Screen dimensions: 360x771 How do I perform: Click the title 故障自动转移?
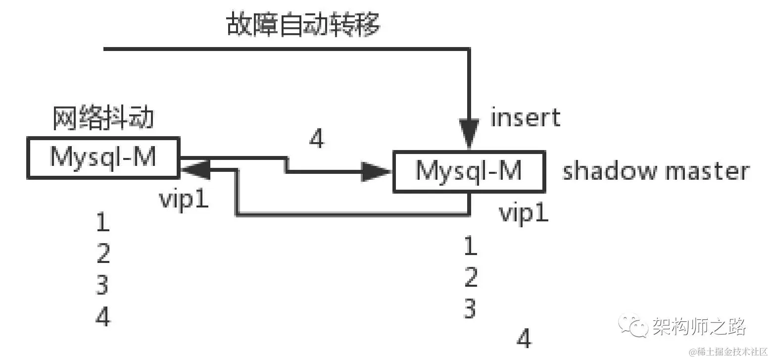click(303, 24)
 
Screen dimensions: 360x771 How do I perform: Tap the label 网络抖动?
click(103, 119)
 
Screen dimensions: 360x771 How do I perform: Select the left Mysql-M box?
click(103, 157)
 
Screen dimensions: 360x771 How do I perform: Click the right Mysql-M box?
click(469, 171)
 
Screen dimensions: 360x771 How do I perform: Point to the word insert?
click(525, 118)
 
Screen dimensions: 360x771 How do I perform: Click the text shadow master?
click(656, 171)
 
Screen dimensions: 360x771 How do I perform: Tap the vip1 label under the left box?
click(184, 200)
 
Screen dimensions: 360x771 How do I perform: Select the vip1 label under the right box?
click(524, 213)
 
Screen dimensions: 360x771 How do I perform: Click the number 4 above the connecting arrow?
click(316, 139)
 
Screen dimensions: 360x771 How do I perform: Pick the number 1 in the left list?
click(103, 223)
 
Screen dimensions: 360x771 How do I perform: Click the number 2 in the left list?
click(103, 254)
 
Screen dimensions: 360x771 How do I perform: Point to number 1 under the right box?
click(470, 246)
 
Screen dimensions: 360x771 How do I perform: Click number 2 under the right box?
click(471, 277)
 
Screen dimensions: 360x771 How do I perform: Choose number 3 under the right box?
click(470, 308)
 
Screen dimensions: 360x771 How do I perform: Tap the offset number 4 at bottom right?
click(524, 339)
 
